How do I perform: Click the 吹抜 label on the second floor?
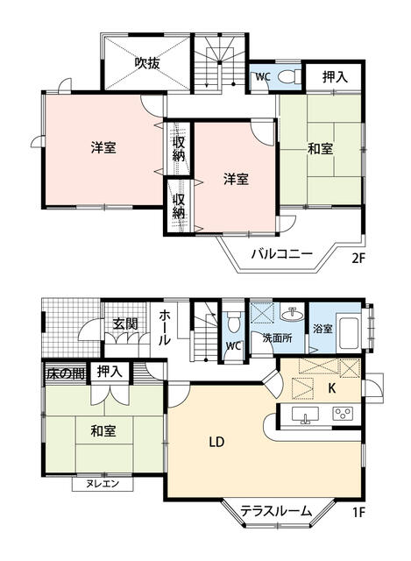(x=147, y=63)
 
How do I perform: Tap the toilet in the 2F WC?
(x=289, y=76)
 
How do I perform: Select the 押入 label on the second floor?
(x=335, y=77)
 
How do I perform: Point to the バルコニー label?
(x=281, y=254)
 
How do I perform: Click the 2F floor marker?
(x=358, y=258)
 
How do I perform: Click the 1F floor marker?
(x=358, y=513)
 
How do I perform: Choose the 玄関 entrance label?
(x=124, y=323)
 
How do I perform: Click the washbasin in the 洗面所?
(x=292, y=314)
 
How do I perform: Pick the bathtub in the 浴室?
(x=349, y=332)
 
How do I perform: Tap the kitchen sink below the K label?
(x=305, y=415)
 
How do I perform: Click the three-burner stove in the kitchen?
(x=343, y=415)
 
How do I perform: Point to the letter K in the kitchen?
(x=332, y=388)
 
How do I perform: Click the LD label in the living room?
(x=216, y=443)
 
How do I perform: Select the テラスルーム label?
(x=276, y=511)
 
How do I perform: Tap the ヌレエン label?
(x=102, y=484)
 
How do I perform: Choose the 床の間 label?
(x=66, y=373)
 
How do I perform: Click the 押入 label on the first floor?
(x=110, y=372)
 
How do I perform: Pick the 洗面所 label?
(x=277, y=338)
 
